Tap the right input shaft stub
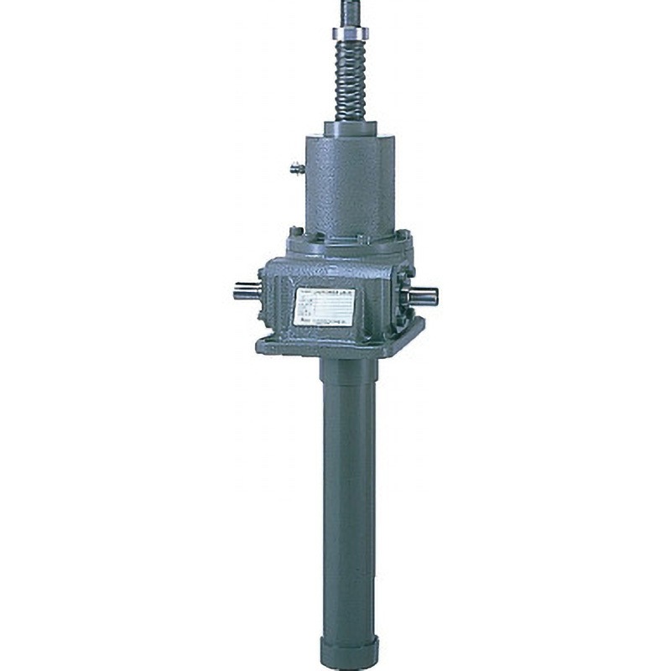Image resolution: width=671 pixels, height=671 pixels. tap(425, 294)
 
